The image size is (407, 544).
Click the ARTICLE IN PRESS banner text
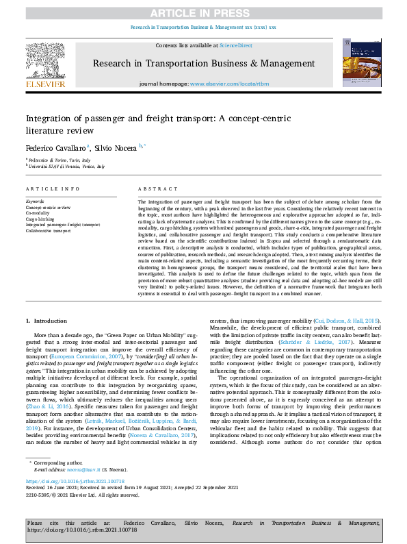pos(203,12)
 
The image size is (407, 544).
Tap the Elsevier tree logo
pos(47,62)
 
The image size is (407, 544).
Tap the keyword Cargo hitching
pos(40,219)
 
